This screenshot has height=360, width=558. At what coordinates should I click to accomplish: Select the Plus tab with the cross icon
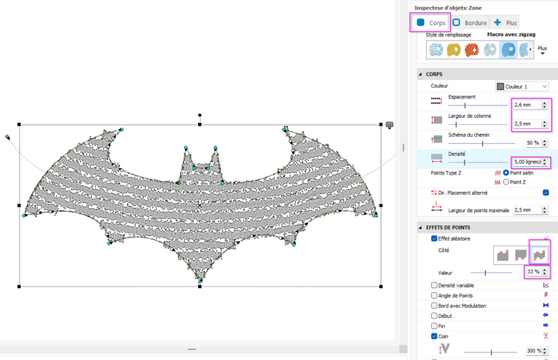[506, 23]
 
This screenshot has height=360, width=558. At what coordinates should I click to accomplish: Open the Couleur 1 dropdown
[522, 86]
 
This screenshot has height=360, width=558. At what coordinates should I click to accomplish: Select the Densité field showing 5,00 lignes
[526, 162]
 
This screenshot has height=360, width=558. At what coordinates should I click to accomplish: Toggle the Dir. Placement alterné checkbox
[545, 193]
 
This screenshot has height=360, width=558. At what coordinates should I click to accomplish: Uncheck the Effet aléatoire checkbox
[434, 239]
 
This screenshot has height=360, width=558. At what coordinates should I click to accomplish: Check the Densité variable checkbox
[434, 285]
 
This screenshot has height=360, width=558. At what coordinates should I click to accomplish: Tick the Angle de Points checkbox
[434, 296]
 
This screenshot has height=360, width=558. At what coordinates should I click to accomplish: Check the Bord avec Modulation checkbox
[434, 306]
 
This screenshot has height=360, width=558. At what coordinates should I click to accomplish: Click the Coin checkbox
[434, 336]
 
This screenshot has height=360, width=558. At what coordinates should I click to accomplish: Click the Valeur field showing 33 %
[531, 272]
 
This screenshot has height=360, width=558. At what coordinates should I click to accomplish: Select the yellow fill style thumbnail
[454, 50]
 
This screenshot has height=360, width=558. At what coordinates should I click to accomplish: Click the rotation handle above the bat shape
[200, 114]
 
